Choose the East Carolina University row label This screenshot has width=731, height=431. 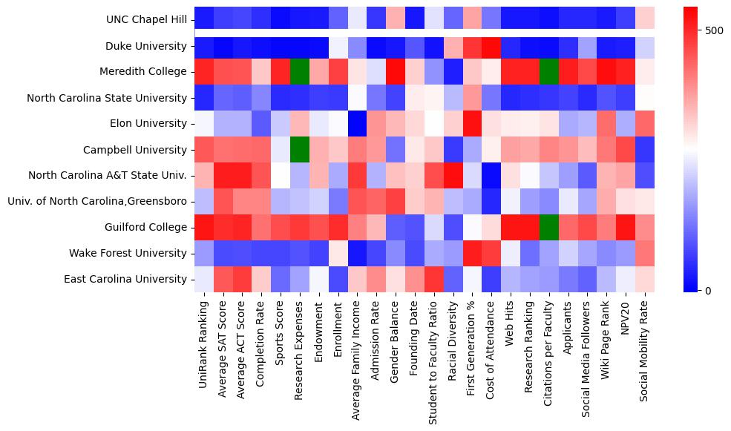[124, 279]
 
